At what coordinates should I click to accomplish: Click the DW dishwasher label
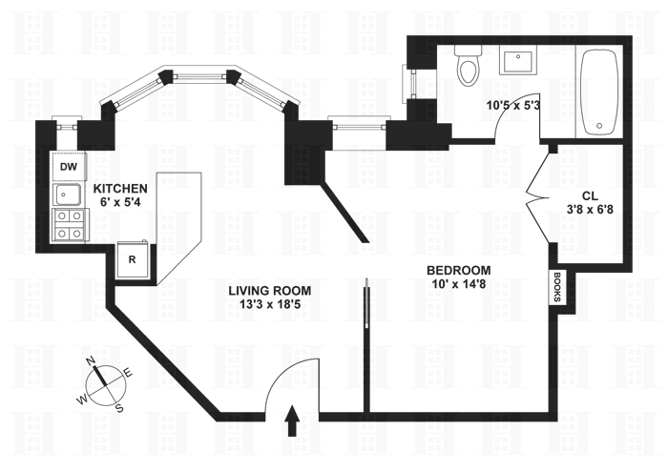(x=67, y=168)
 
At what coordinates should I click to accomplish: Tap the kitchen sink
(x=67, y=196)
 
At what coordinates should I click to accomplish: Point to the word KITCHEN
(x=119, y=189)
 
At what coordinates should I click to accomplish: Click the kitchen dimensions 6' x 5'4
(x=119, y=203)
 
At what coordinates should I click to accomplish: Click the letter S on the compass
(x=119, y=408)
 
